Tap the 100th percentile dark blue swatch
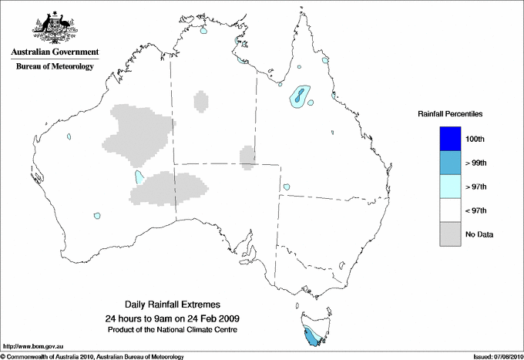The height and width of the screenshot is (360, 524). click(x=449, y=138)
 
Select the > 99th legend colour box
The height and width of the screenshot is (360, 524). click(x=449, y=162)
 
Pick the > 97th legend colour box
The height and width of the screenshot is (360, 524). click(x=449, y=186)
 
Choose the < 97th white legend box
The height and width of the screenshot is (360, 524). click(x=449, y=210)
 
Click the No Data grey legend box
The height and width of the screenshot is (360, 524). click(x=449, y=234)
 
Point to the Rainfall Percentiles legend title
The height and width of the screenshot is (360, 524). click(x=450, y=114)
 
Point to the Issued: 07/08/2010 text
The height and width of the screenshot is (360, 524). click(x=496, y=356)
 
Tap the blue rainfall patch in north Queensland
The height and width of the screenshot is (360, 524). click(x=297, y=96)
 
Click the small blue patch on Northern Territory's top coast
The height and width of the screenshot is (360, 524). click(x=204, y=33)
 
